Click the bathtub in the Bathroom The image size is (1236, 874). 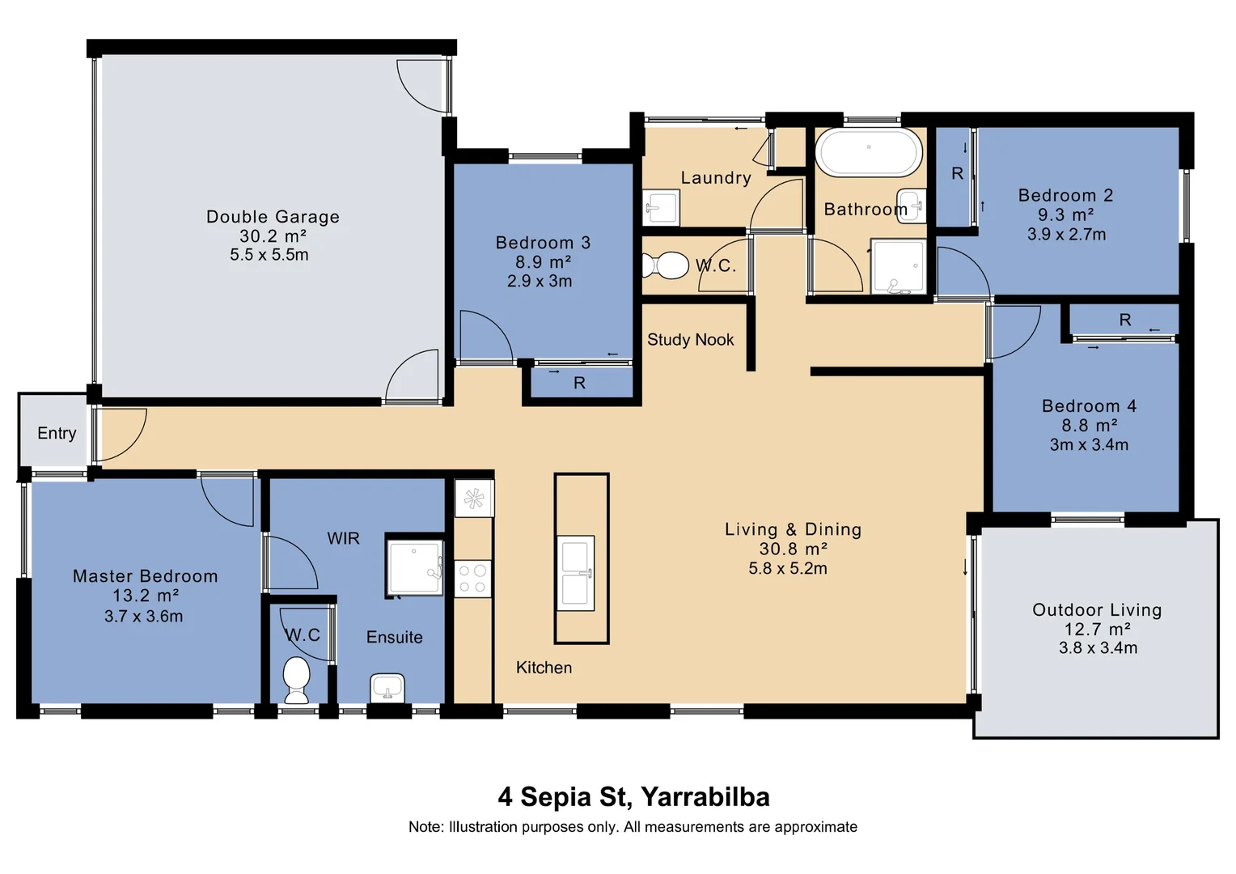[x=869, y=152]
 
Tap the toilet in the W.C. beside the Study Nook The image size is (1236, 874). [x=666, y=265]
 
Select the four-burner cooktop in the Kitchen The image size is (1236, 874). [x=473, y=579]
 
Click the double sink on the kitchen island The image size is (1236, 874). [x=575, y=573]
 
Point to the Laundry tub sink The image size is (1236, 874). [x=661, y=208]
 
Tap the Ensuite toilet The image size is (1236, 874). [x=296, y=680]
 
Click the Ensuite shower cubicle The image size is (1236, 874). [x=415, y=567]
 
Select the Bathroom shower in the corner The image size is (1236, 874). [x=899, y=266]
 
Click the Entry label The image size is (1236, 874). [x=57, y=434]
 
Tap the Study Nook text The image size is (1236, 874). [x=690, y=340]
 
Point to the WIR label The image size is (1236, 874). [x=343, y=538]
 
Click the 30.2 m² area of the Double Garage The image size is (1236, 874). [x=273, y=236]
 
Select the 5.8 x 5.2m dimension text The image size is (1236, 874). [x=788, y=568]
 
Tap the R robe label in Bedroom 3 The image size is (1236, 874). [x=579, y=383]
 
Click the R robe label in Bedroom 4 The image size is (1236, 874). [x=1125, y=320]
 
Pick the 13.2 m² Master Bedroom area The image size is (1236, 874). [x=146, y=596]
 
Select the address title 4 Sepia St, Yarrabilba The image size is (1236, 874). [x=633, y=796]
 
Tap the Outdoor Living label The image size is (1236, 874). [x=1098, y=610]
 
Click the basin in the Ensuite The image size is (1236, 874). [x=387, y=688]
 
